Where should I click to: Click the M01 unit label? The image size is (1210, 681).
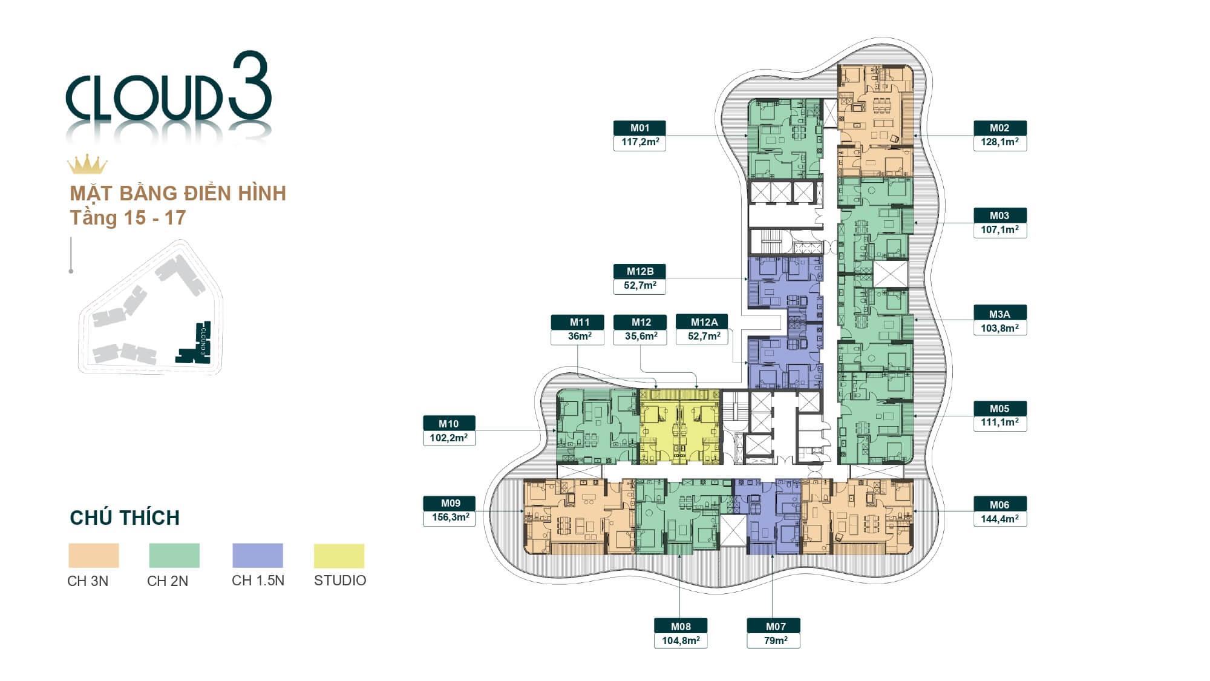tap(639, 128)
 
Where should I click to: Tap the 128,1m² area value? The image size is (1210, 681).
tap(999, 142)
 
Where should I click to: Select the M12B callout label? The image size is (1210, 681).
tap(639, 271)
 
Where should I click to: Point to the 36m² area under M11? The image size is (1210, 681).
tap(579, 337)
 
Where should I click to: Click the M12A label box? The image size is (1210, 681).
tap(704, 322)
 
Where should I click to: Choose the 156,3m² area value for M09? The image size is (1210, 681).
tap(450, 518)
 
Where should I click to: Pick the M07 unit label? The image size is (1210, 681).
tap(775, 627)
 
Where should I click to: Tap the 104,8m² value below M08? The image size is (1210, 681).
tap(681, 640)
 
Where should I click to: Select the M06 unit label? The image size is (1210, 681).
tap(999, 505)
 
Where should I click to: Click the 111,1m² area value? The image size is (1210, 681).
tap(999, 423)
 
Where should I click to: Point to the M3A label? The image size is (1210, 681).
tap(999, 314)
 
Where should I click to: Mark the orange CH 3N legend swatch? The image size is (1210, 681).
tap(94, 555)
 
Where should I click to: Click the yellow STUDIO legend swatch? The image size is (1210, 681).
tap(339, 556)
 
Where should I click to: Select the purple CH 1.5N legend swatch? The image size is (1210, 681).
tap(258, 555)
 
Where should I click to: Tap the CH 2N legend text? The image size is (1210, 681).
tap(168, 581)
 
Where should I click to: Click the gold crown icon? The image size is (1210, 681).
tap(87, 165)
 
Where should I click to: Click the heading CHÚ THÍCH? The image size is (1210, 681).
tap(125, 518)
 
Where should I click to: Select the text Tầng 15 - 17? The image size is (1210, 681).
tap(128, 218)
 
